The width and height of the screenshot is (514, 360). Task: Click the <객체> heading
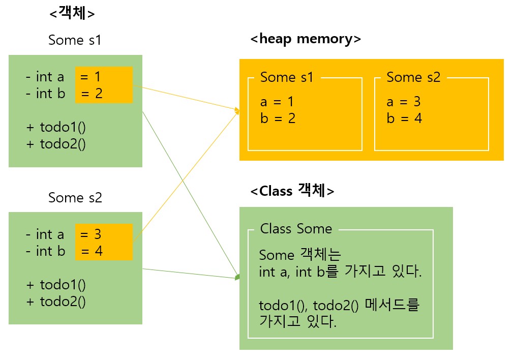click(x=72, y=14)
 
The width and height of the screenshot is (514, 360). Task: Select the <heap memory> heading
click(x=306, y=39)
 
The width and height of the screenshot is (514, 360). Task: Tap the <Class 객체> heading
click(x=292, y=191)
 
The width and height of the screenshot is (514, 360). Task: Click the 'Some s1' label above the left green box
click(x=75, y=40)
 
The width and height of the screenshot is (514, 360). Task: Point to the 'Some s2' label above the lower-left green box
click(x=75, y=197)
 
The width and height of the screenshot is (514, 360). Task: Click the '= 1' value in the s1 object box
click(x=91, y=77)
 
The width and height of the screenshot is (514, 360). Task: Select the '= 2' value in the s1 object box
click(x=92, y=94)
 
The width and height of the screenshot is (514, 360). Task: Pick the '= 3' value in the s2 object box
click(x=91, y=234)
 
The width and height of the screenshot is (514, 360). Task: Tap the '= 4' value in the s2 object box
click(x=92, y=251)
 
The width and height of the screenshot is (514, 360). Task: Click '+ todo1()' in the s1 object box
click(x=56, y=127)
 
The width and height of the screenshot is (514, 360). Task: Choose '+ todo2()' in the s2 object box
click(x=56, y=301)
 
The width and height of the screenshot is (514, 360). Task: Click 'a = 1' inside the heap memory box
click(x=277, y=102)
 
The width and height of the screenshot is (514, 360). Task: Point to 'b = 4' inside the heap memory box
click(x=404, y=118)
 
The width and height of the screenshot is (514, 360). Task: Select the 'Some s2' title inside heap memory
click(x=413, y=77)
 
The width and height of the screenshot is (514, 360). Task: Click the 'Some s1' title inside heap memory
click(x=287, y=77)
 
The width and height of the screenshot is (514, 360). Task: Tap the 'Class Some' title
click(x=296, y=229)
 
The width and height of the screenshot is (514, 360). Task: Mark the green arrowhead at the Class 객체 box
click(x=237, y=278)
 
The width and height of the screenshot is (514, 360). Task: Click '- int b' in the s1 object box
click(x=46, y=94)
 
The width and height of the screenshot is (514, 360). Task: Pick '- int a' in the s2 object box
click(x=45, y=234)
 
